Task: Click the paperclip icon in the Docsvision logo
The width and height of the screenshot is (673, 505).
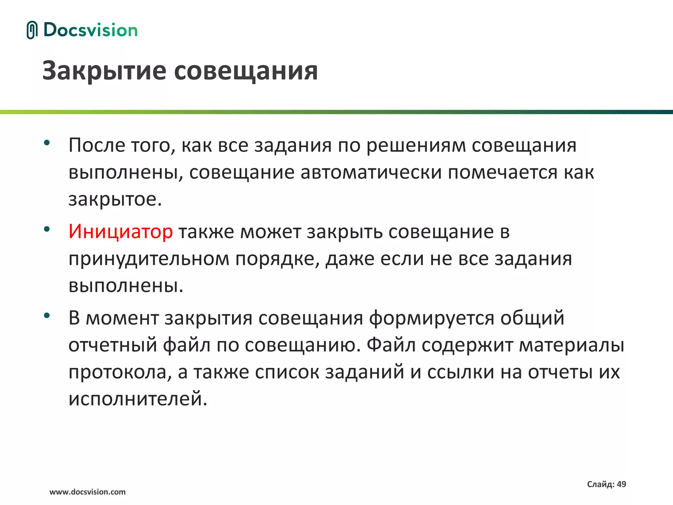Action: [x=32, y=30]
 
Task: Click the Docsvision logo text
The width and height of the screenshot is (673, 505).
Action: [x=90, y=30]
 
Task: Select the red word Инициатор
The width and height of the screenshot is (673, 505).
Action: [x=120, y=231]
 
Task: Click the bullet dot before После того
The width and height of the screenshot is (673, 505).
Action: [x=47, y=143]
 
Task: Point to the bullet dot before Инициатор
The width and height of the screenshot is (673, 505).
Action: [x=47, y=229]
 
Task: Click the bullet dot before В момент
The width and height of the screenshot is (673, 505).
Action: [x=47, y=316]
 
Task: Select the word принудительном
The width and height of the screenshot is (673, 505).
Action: [x=149, y=259]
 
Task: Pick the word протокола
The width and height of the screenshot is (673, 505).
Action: [x=120, y=373]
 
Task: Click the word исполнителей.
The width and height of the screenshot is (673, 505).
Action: [x=138, y=399]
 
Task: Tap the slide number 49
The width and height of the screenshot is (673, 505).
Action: [x=621, y=484]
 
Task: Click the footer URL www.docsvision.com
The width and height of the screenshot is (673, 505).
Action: [x=87, y=492]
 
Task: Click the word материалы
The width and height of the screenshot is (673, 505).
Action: [x=572, y=346]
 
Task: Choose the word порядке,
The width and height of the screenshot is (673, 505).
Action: [x=277, y=259]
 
